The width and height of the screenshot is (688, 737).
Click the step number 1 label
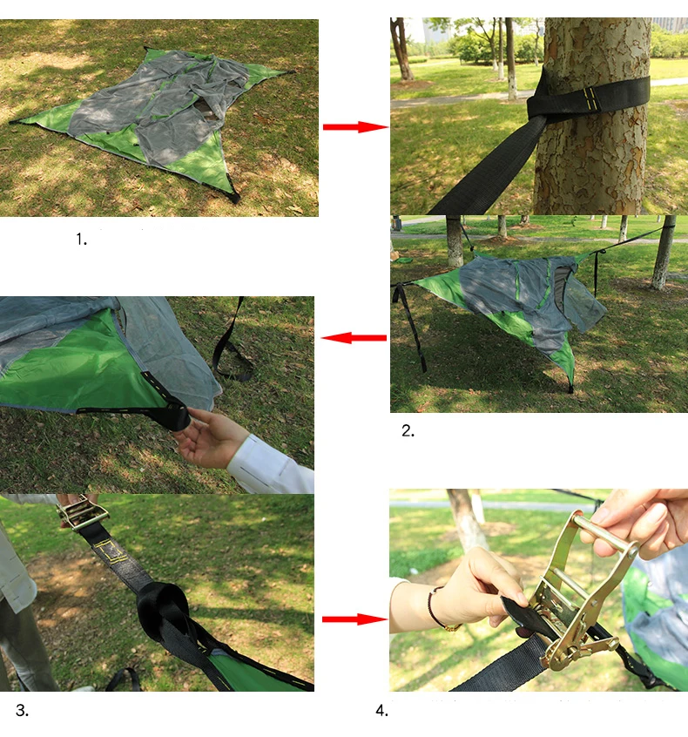[x=81, y=240]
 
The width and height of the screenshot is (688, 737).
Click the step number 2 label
[x=408, y=430]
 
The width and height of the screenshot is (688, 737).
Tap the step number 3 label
[x=22, y=710]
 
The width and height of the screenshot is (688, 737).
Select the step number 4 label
[x=382, y=711]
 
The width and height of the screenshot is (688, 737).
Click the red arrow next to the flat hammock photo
[x=355, y=127]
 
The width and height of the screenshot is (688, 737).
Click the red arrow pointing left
[x=354, y=337]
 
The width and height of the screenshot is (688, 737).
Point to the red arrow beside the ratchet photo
[x=354, y=619]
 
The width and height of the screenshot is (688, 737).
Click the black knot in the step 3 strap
[x=163, y=611]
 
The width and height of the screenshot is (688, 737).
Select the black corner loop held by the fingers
[x=175, y=415]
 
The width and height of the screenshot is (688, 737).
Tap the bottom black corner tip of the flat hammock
[x=233, y=194]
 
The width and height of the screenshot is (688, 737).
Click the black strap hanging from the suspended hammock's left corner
[x=411, y=325]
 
